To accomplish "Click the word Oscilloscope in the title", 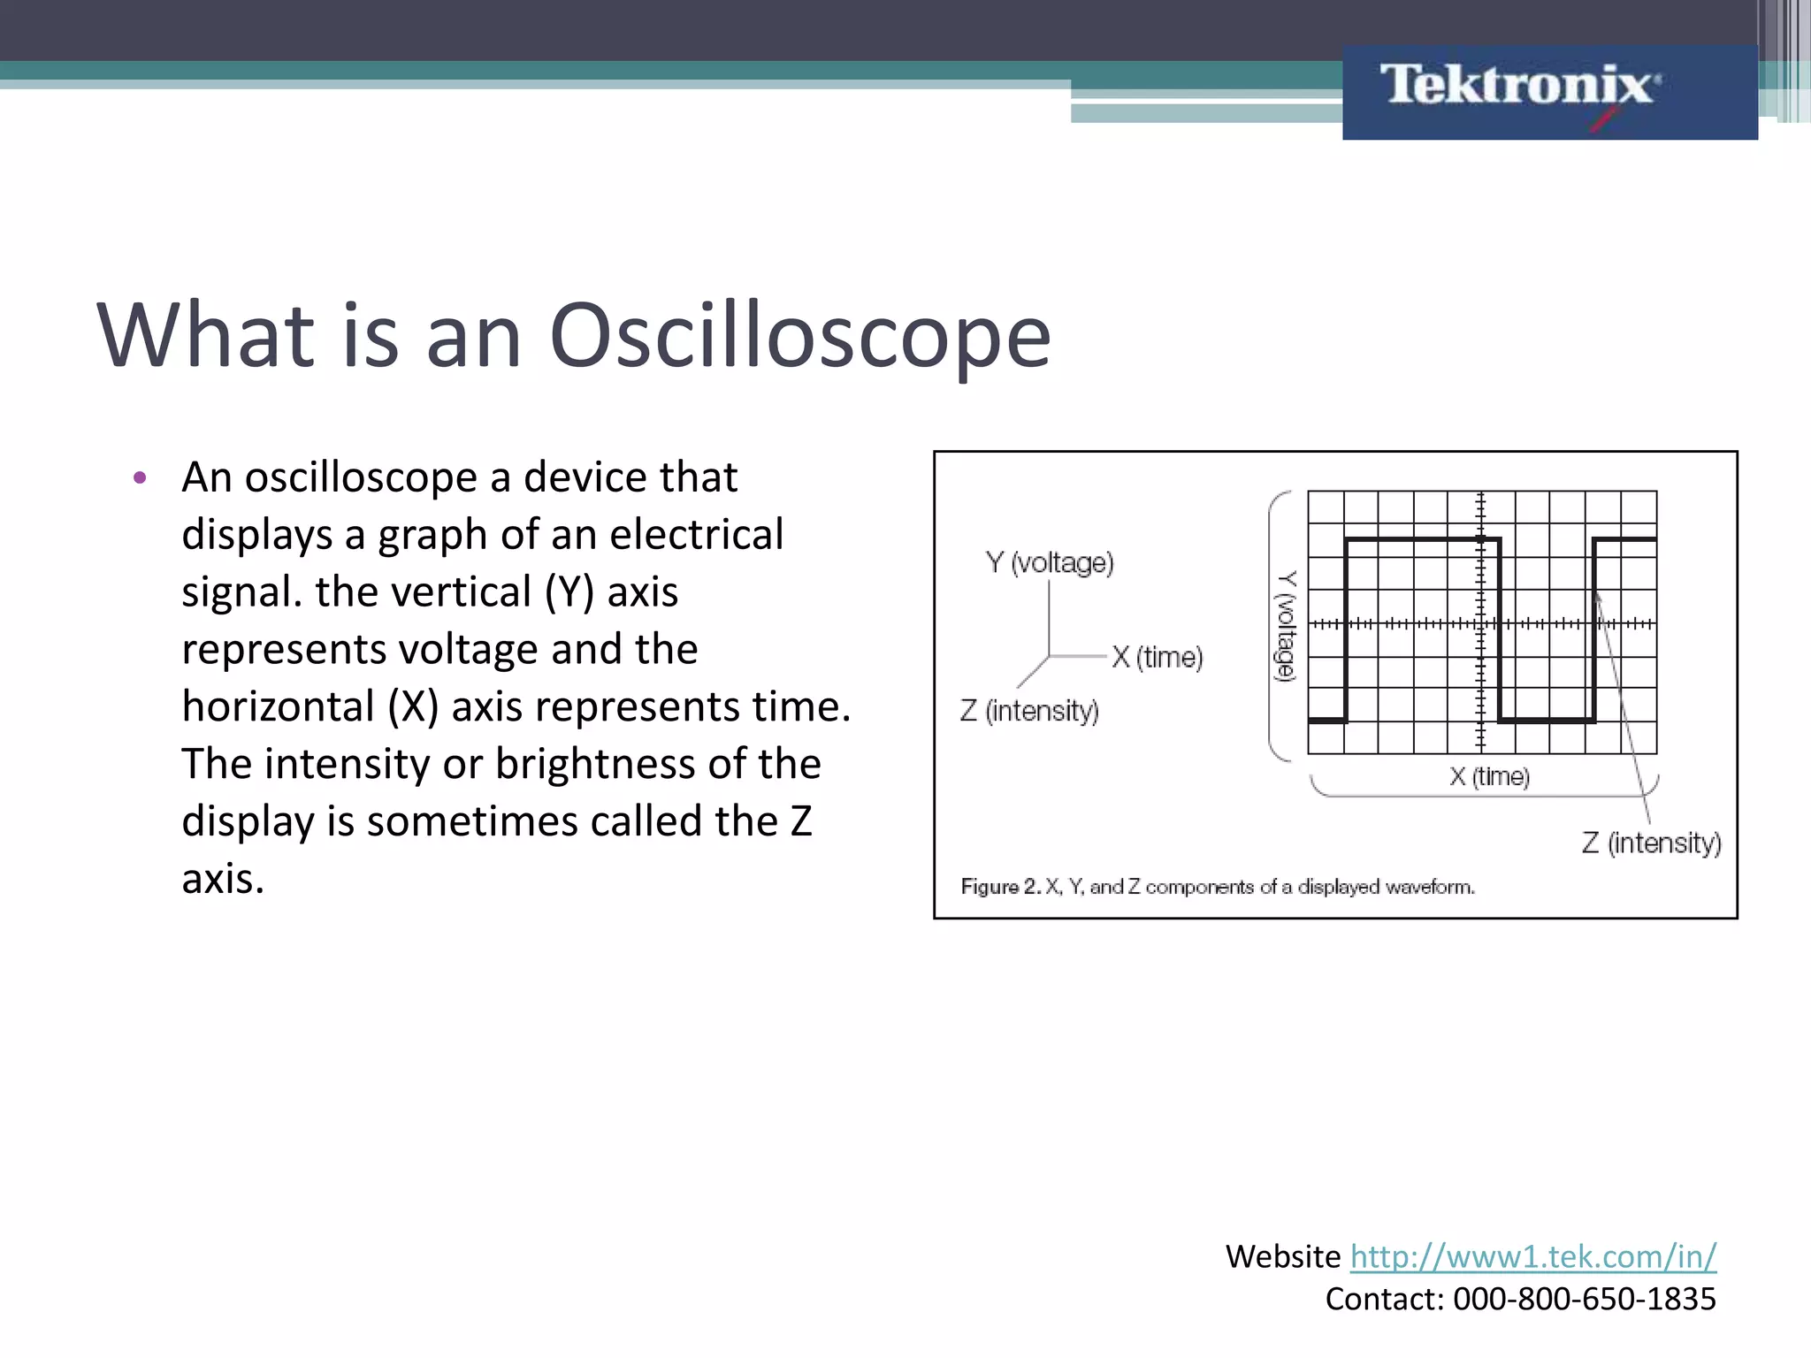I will pyautogui.click(x=799, y=336).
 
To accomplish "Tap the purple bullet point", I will pyautogui.click(x=139, y=478).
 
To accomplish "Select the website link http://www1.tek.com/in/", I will pyautogui.click(x=1532, y=1255).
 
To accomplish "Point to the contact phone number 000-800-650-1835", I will pyautogui.click(x=1584, y=1299).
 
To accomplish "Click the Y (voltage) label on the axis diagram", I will pyautogui.click(x=1050, y=562).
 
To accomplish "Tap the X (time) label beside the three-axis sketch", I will pyautogui.click(x=1158, y=657).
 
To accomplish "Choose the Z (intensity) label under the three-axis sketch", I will pyautogui.click(x=1029, y=711).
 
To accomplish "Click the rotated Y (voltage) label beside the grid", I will pyautogui.click(x=1285, y=626).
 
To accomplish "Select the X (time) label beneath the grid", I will pyautogui.click(x=1489, y=776).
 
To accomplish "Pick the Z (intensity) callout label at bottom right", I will pyautogui.click(x=1651, y=843).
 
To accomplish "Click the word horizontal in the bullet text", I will pyautogui.click(x=279, y=706).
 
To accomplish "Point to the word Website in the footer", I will pyautogui.click(x=1283, y=1255).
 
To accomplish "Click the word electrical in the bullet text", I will pyautogui.click(x=696, y=535).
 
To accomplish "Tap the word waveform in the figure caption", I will pyautogui.click(x=1429, y=887).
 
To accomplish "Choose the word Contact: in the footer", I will pyautogui.click(x=1384, y=1299).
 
